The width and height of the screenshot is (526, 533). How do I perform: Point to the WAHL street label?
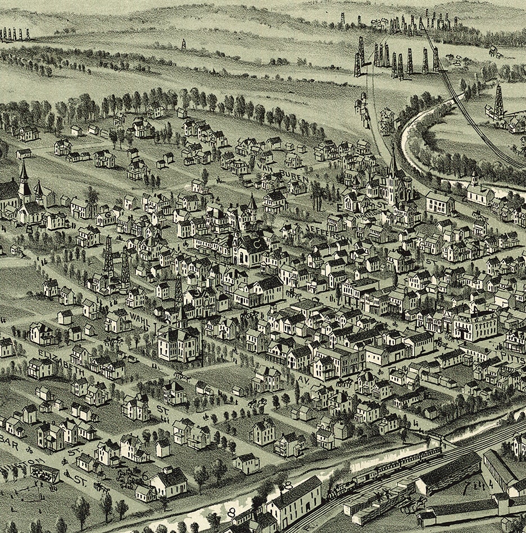139,319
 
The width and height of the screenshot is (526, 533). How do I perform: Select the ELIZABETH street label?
62,364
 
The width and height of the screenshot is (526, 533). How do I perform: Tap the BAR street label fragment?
10,443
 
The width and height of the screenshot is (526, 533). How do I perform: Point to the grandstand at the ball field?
44,473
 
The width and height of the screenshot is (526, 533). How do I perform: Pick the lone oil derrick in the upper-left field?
183,44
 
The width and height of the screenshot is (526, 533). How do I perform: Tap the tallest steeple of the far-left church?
23,166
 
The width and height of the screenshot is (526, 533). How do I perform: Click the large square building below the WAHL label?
179,343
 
